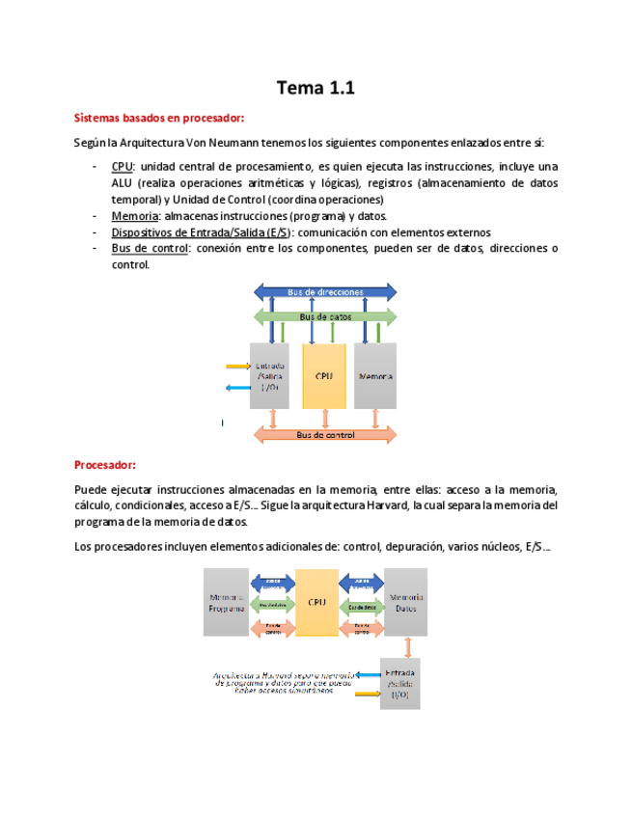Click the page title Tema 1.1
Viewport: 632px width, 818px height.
pos(316,89)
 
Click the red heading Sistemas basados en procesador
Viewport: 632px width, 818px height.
pos(160,119)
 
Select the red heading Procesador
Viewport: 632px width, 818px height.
pos(105,465)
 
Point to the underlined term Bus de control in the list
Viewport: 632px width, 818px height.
pos(150,249)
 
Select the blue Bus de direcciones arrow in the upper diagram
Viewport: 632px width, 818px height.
pos(325,291)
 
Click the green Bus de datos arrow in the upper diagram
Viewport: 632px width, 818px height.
pos(325,316)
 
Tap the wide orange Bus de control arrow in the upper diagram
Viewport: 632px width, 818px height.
pos(324,435)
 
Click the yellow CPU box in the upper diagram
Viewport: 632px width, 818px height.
pos(324,375)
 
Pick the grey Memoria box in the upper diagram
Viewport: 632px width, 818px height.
pos(375,375)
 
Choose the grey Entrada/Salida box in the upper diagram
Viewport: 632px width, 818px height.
pos(269,375)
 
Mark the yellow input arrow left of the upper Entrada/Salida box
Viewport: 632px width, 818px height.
pos(236,367)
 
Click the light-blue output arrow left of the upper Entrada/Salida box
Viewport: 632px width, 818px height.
pos(236,388)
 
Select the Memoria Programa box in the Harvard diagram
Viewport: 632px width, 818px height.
pos(226,602)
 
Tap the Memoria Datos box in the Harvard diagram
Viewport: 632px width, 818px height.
pos(406,602)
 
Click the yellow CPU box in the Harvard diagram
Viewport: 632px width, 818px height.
pos(316,602)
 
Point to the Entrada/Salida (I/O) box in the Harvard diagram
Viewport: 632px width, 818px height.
pos(399,684)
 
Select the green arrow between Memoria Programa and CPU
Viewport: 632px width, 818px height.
pos(272,605)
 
